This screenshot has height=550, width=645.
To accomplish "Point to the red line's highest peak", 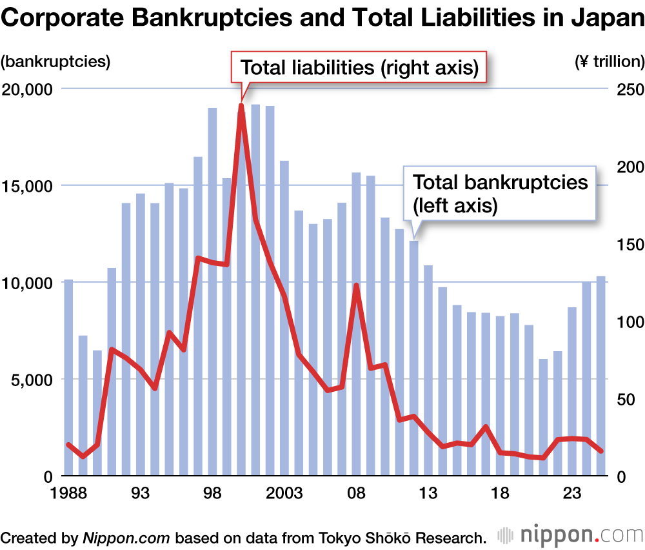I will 241,106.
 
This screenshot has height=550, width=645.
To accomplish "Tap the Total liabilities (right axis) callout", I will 359,68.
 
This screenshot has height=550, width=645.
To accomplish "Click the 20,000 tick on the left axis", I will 28,89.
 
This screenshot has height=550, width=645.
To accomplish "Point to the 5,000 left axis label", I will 32,380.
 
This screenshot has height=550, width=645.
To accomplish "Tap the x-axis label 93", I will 141,494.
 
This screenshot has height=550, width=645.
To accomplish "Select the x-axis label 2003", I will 284,494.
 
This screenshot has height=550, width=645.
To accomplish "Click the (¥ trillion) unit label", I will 608,62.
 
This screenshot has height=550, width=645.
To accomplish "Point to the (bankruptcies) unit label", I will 55,62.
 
